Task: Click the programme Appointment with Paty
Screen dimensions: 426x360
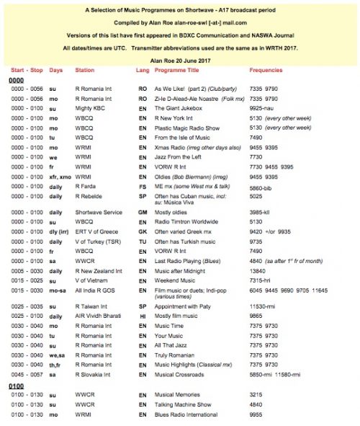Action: click(x=186, y=327)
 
